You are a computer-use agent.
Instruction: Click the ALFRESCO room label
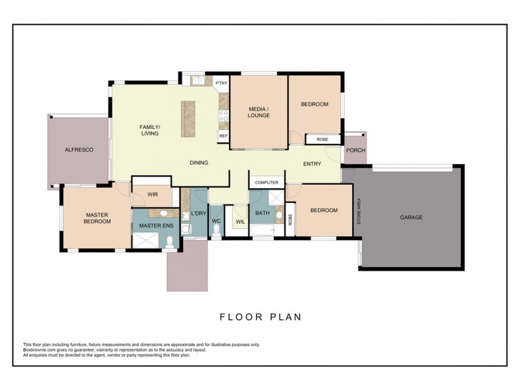click(x=78, y=150)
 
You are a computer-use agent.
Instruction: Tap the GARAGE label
click(x=411, y=217)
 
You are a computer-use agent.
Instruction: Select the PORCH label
click(x=356, y=150)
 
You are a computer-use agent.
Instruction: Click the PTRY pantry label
click(x=221, y=83)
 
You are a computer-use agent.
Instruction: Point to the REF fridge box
click(x=223, y=136)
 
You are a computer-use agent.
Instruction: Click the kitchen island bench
click(x=188, y=119)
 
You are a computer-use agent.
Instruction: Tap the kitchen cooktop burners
click(x=223, y=116)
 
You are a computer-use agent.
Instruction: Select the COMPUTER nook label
click(x=267, y=183)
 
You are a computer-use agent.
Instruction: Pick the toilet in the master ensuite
click(x=170, y=242)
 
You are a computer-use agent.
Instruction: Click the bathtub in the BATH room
click(x=263, y=230)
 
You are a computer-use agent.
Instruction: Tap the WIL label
click(x=241, y=222)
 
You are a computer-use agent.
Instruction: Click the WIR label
click(x=152, y=194)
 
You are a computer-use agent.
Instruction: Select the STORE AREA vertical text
click(x=359, y=211)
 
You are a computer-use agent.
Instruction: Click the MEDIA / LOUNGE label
click(x=259, y=112)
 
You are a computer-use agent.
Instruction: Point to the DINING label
click(x=199, y=163)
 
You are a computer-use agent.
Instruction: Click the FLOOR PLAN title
click(x=261, y=317)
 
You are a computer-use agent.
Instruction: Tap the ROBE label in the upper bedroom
click(x=322, y=139)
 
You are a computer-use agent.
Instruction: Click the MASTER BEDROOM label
click(x=97, y=218)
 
